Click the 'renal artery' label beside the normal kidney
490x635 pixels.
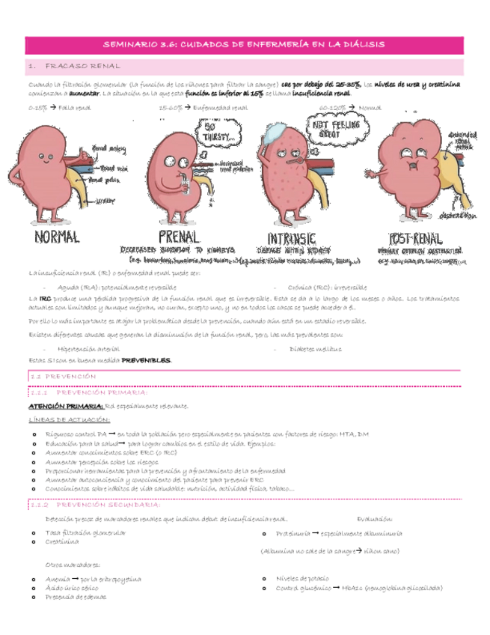point(104,148)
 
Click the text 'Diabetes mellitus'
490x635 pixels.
point(316,349)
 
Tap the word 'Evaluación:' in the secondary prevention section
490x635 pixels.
point(375,518)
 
